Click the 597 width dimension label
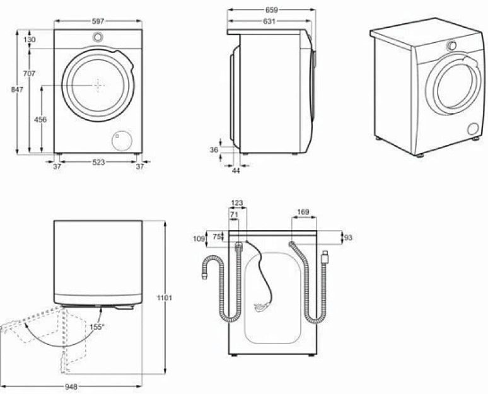coord(98,21)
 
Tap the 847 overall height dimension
coord(17,90)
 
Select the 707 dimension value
coord(29,74)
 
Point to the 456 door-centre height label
coord(40,119)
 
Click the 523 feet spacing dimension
coord(98,162)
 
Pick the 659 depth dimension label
coord(271,10)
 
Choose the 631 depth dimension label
coord(269,21)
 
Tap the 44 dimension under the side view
coord(236,171)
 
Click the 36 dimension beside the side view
coord(214,150)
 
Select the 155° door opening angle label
coord(97,327)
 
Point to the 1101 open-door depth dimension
coord(165,298)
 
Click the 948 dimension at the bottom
coord(71,387)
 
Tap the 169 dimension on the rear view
coord(303,212)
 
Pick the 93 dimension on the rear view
coord(348,238)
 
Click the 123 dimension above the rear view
coord(237,203)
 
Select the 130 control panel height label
coord(29,40)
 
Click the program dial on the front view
coord(98,37)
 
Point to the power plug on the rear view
coord(260,306)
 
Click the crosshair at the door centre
coord(98,84)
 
